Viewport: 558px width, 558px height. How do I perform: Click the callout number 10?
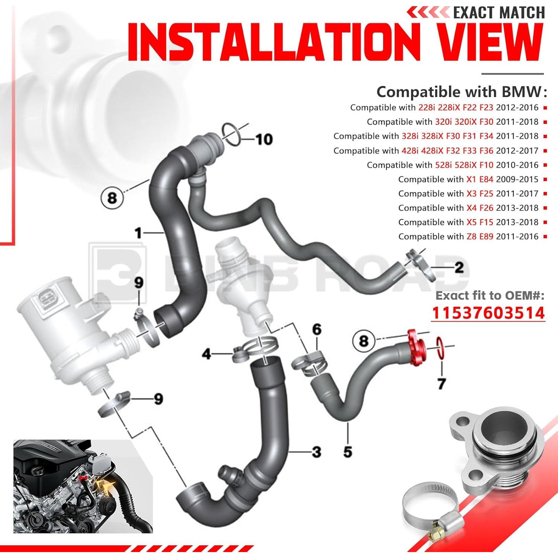[x=264, y=139]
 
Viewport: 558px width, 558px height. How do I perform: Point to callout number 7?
[x=442, y=384]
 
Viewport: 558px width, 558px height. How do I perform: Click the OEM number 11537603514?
[x=488, y=313]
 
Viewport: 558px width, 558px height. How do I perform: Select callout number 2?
[x=459, y=267]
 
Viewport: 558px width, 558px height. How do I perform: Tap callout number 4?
[x=206, y=354]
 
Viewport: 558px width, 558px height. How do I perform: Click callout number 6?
[x=317, y=329]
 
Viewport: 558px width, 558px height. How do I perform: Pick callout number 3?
[x=317, y=452]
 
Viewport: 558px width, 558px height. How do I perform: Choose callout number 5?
[x=347, y=452]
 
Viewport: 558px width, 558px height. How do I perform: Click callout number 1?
[x=138, y=233]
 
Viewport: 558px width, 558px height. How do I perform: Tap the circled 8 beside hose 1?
[x=112, y=198]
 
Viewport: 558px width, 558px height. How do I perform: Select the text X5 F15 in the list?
[x=480, y=222]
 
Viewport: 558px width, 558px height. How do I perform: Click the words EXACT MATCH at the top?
[x=498, y=13]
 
